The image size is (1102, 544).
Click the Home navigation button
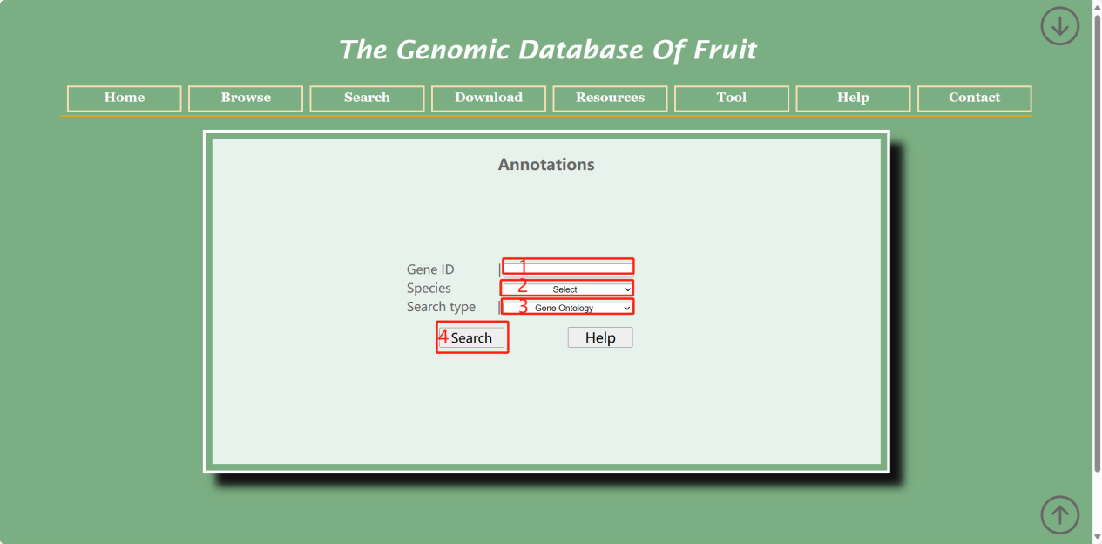[x=124, y=99]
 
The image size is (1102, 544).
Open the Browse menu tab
[x=246, y=99]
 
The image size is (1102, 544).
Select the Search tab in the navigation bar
[x=367, y=99]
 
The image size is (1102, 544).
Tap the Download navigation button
[x=489, y=99]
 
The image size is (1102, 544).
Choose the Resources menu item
[x=610, y=99]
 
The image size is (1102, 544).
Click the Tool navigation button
[x=732, y=99]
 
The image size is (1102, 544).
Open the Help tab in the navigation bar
[x=853, y=99]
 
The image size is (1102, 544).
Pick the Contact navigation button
[x=975, y=99]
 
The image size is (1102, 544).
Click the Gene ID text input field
[x=568, y=268]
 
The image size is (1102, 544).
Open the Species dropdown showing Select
[x=568, y=289]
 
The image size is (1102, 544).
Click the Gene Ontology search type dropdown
[x=568, y=308]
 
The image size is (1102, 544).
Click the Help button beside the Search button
[x=600, y=337]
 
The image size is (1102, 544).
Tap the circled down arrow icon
[x=1060, y=26]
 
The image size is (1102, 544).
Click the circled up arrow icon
[x=1060, y=515]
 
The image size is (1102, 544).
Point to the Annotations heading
[x=546, y=165]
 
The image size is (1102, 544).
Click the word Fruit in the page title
[x=725, y=51]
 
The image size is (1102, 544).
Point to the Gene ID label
[x=430, y=269]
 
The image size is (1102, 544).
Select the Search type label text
[x=441, y=307]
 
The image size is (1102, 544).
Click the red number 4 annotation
[x=443, y=337]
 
